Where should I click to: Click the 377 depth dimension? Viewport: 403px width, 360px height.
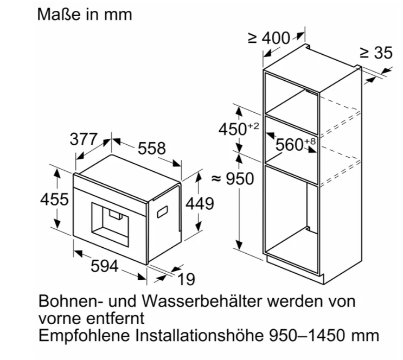pyautogui.click(x=84, y=139)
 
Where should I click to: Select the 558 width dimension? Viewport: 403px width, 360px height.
pyautogui.click(x=152, y=148)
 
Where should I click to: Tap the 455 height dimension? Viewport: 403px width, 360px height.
pyautogui.click(x=54, y=199)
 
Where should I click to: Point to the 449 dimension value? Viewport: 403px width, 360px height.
pyautogui.click(x=200, y=204)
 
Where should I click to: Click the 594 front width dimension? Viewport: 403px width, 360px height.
pyautogui.click(x=105, y=266)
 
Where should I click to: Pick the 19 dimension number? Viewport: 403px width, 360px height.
pyautogui.click(x=187, y=279)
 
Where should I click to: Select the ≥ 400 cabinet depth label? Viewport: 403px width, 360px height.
pyautogui.click(x=269, y=38)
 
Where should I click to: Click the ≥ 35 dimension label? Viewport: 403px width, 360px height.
pyautogui.click(x=376, y=53)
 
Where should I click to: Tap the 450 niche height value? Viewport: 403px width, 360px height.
pyautogui.click(x=233, y=129)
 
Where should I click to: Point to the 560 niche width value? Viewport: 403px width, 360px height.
pyautogui.click(x=290, y=145)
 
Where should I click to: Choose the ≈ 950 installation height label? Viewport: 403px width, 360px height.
pyautogui.click(x=233, y=178)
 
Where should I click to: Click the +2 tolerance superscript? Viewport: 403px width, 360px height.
pyautogui.click(x=253, y=126)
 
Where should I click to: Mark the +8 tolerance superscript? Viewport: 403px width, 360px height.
pyautogui.click(x=310, y=142)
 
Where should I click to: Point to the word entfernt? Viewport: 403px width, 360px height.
pyautogui.click(x=115, y=318)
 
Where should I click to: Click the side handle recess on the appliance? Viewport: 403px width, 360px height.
pyautogui.click(x=162, y=212)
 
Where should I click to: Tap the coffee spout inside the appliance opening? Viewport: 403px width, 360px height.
pyautogui.click(x=116, y=214)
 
